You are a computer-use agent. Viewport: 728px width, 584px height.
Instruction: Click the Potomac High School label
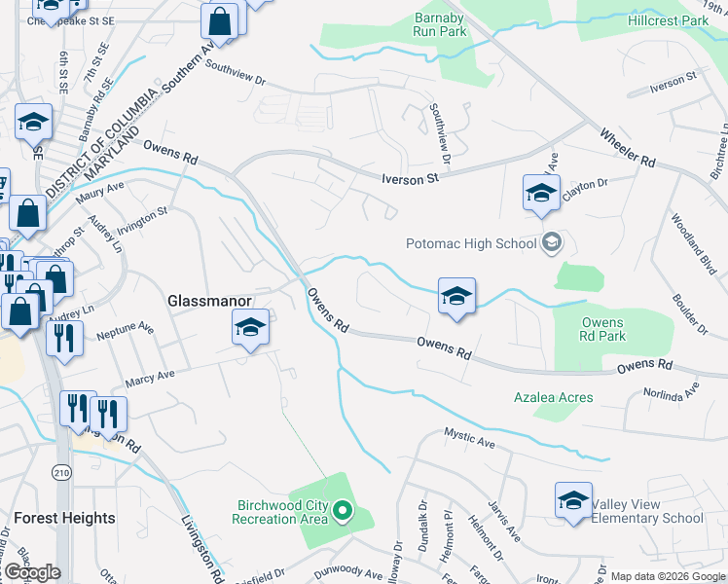point(471,243)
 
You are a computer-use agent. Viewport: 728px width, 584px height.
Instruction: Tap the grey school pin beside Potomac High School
point(552,242)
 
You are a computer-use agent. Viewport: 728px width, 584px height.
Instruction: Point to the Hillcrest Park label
point(668,20)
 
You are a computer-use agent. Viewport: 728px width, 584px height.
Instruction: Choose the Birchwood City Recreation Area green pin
point(343,509)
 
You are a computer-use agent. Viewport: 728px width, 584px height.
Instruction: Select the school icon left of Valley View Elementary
point(573,500)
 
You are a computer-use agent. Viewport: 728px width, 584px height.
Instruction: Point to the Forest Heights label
point(64,518)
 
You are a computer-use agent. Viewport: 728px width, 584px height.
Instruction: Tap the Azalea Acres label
point(554,398)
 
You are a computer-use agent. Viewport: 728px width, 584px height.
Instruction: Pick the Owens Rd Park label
point(602,329)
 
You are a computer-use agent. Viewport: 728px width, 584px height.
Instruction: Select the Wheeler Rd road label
point(628,149)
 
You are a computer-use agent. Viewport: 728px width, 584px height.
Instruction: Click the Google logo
point(32,572)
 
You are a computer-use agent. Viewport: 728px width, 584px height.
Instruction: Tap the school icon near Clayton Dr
point(541,192)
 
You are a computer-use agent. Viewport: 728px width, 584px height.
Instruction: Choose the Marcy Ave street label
point(148,375)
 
